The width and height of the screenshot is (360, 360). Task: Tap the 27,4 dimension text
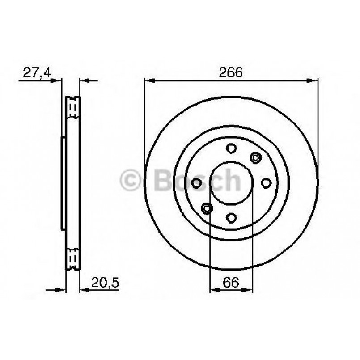pos(37,72)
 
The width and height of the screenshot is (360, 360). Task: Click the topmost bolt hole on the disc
pos(231,148)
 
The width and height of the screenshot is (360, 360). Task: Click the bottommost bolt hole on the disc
pos(231,218)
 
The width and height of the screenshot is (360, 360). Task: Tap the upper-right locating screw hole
pos(256,157)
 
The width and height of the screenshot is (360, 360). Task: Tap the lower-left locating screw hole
pos(207,208)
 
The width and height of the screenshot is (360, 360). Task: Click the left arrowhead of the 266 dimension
pos(149,81)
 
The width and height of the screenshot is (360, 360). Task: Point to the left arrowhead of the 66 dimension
pos(213,290)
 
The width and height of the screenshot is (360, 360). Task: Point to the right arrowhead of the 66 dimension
pos(249,290)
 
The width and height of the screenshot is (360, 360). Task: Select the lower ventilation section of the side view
pos(73,258)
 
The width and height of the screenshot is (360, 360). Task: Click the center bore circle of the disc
pos(231,183)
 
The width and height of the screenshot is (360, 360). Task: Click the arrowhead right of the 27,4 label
pos(57,81)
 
